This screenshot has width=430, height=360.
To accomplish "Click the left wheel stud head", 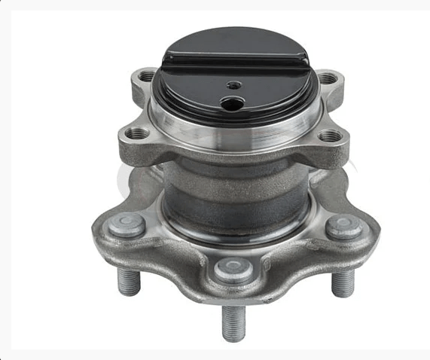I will (130, 224).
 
